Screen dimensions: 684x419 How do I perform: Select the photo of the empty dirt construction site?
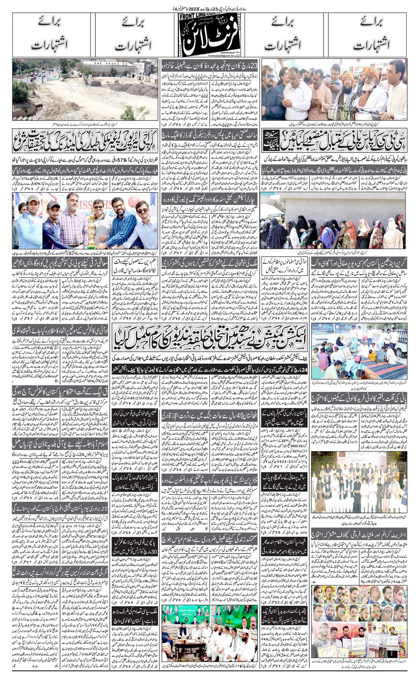[x=85, y=89]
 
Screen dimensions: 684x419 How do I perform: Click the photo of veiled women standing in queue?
[x=334, y=223]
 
